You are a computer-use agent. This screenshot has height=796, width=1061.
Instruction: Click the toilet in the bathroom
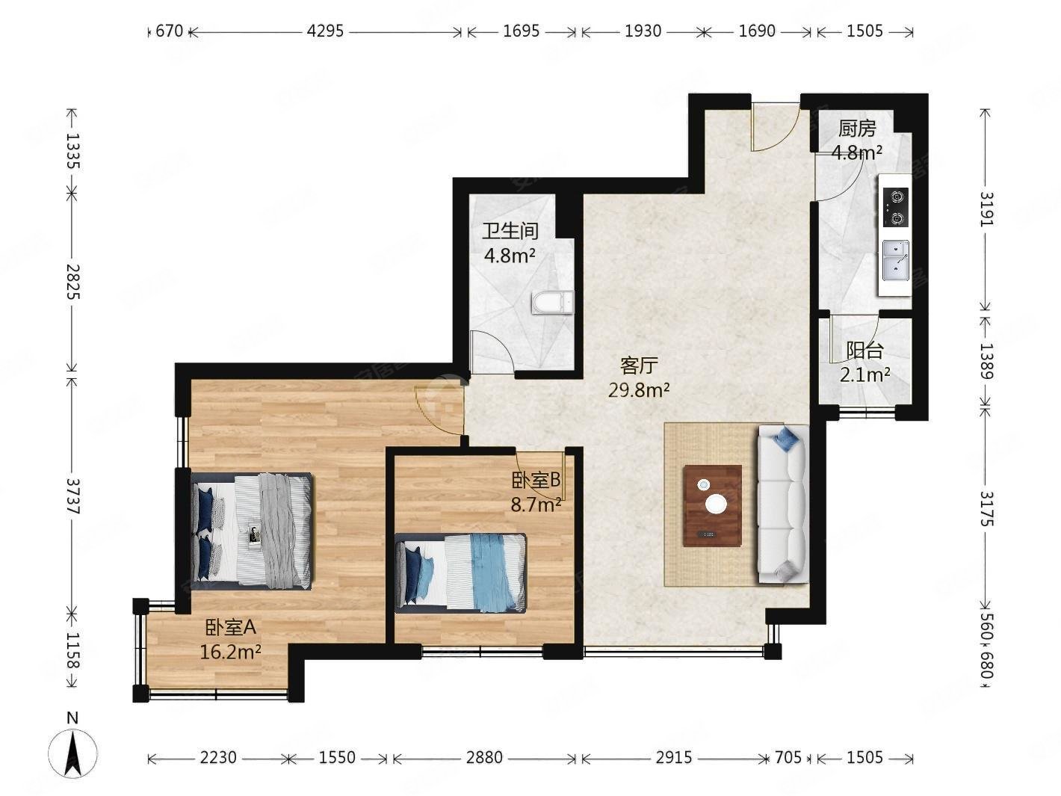(552, 303)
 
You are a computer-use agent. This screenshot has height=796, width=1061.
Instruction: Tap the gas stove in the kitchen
(895, 207)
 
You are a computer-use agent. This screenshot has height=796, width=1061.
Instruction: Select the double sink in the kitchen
(896, 260)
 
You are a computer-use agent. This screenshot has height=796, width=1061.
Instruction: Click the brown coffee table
(713, 505)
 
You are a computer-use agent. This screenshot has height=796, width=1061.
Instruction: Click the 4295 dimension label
(325, 31)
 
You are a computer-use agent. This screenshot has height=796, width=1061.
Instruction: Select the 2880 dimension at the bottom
(484, 757)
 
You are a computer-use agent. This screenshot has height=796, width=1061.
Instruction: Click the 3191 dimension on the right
(987, 209)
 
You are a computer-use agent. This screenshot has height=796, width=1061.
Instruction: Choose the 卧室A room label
(231, 627)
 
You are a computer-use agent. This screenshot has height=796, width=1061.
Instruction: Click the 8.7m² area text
(536, 505)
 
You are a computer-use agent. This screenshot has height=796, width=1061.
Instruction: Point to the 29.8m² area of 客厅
(639, 389)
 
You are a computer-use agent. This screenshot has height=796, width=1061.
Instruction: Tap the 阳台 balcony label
(865, 351)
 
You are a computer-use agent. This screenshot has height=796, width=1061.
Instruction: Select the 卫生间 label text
(510, 231)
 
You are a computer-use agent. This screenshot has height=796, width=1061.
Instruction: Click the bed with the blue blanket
(460, 573)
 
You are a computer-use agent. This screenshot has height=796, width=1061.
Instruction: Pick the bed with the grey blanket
(251, 531)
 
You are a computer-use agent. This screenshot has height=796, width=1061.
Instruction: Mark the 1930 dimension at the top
(643, 31)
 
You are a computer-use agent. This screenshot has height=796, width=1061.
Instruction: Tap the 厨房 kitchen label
(857, 129)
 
